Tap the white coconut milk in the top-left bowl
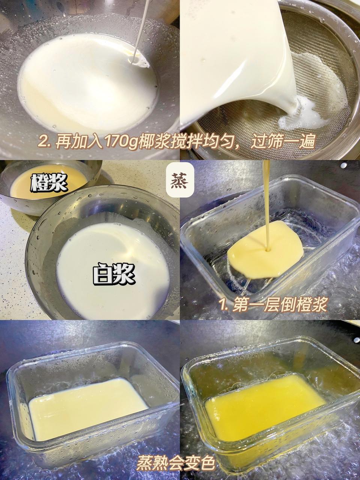click(x=86, y=86)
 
